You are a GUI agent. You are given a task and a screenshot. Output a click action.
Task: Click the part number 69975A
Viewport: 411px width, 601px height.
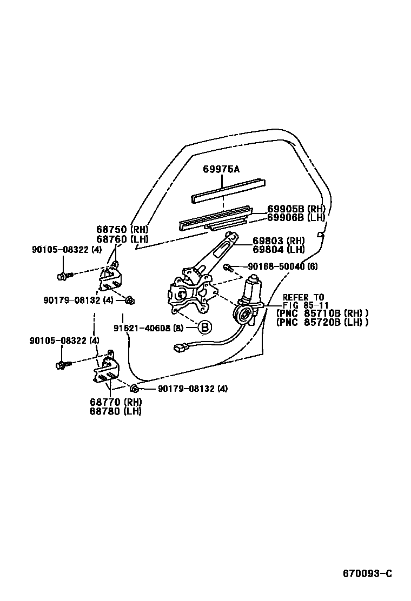click(221, 170)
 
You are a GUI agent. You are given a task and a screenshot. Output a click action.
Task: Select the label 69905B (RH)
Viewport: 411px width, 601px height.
click(296, 209)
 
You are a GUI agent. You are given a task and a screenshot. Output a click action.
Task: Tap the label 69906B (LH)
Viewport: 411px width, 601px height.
click(296, 217)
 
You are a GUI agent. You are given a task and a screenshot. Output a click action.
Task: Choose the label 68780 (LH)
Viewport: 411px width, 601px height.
click(116, 411)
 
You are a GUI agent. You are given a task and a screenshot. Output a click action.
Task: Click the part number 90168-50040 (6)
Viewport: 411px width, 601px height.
click(283, 266)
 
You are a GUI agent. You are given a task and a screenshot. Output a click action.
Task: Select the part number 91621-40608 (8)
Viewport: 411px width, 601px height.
click(148, 328)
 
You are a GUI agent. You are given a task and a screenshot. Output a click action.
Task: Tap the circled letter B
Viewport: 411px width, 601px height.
click(205, 327)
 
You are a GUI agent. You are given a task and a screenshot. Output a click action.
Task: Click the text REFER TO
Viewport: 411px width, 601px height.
click(303, 297)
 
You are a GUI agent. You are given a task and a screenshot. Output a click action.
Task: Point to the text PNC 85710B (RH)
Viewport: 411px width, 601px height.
click(322, 313)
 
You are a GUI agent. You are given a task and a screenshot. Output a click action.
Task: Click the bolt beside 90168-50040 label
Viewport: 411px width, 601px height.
click(228, 267)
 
